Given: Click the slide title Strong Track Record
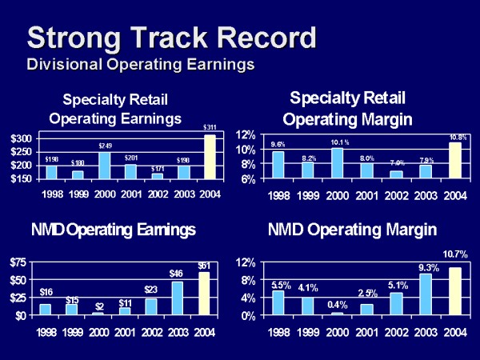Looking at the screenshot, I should tap(171, 38).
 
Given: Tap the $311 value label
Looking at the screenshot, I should tap(210, 128).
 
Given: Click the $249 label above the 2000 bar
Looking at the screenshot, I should tap(105, 146).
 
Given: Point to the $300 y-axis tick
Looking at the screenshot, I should tap(21, 138).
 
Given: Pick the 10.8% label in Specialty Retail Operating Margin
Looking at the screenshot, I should tap(456, 136).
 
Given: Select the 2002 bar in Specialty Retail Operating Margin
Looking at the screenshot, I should tap(397, 174).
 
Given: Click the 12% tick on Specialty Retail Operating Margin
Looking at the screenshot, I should tap(244, 134).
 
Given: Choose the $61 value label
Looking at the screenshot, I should tap(210, 266).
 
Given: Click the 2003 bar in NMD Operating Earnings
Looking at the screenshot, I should tap(183, 298).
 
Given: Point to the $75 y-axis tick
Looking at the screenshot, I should tap(21, 262).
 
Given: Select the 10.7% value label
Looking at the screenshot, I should tap(455, 254).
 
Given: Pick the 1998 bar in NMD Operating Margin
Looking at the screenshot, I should tap(278, 302).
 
